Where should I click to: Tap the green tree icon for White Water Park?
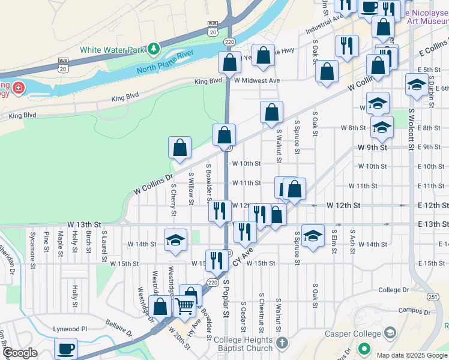(x=154, y=47)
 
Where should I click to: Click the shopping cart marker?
(x=185, y=306)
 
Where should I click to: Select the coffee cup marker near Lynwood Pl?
(x=65, y=349)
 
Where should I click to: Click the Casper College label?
(x=353, y=334)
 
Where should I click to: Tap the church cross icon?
(x=283, y=344)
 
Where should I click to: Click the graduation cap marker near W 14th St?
(x=175, y=239)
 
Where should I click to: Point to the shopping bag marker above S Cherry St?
(x=179, y=147)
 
